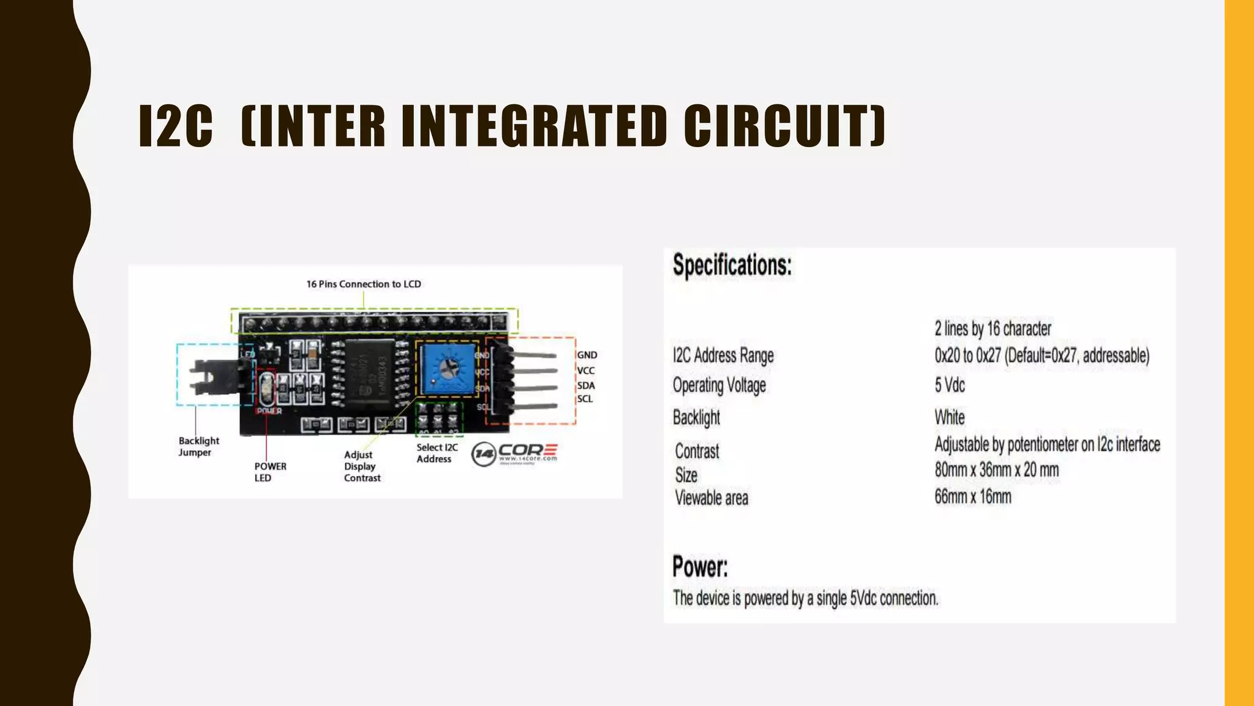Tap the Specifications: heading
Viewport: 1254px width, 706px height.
732,265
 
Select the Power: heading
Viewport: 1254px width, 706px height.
700,566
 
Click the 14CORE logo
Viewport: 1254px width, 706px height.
514,454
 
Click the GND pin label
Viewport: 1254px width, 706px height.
587,355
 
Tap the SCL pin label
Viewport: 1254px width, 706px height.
585,399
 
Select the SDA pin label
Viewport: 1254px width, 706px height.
585,385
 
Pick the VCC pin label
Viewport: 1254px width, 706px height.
585,371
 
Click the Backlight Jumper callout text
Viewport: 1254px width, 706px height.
198,446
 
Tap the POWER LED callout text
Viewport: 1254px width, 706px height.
270,472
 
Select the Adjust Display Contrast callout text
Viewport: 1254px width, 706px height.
362,466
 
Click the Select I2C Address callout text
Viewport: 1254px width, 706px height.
437,453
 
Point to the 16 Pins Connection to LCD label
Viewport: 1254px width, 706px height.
363,284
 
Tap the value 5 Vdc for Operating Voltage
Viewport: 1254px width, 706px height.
949,385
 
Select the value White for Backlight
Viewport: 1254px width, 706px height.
949,417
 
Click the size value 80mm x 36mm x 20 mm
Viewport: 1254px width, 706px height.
996,470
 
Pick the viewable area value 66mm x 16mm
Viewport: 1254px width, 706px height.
972,496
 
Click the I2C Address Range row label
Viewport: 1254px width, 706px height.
723,355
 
